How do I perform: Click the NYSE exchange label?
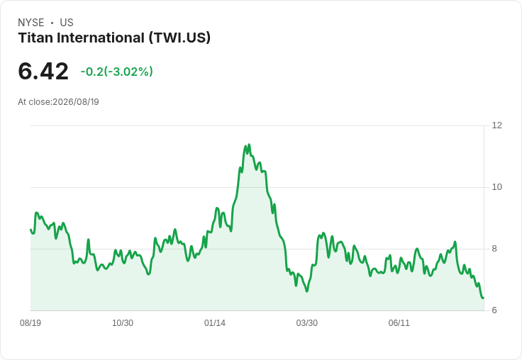coord(31,23)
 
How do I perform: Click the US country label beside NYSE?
coord(67,23)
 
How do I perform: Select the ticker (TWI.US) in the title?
coord(179,38)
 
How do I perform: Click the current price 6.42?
coord(43,72)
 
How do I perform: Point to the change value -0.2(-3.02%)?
coord(116,72)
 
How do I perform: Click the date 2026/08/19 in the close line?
coord(76,102)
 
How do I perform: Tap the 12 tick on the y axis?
coord(496,125)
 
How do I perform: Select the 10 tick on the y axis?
coord(496,187)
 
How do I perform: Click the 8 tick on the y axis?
coord(494,249)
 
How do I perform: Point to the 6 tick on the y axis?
coord(494,310)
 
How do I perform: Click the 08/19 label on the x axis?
coord(30,322)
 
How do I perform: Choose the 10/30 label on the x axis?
coord(123,322)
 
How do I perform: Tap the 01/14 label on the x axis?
coord(215,322)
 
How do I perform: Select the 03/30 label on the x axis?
coord(307,322)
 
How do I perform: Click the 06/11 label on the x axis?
coord(399,322)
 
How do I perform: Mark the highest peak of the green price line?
coord(249,145)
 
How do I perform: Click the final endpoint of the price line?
coord(484,298)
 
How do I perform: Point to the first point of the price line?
coord(30,229)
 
